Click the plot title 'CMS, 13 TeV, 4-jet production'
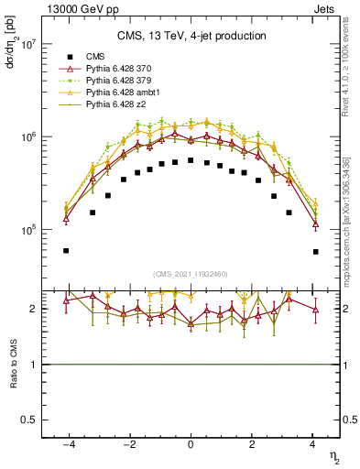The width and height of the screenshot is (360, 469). point(191,36)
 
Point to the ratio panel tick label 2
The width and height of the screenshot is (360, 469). point(34,309)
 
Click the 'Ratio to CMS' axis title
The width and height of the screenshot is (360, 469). point(14,364)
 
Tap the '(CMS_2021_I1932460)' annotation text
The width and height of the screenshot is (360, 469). point(191,273)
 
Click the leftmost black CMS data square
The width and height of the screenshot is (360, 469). point(66,250)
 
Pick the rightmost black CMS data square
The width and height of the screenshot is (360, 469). point(315,251)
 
